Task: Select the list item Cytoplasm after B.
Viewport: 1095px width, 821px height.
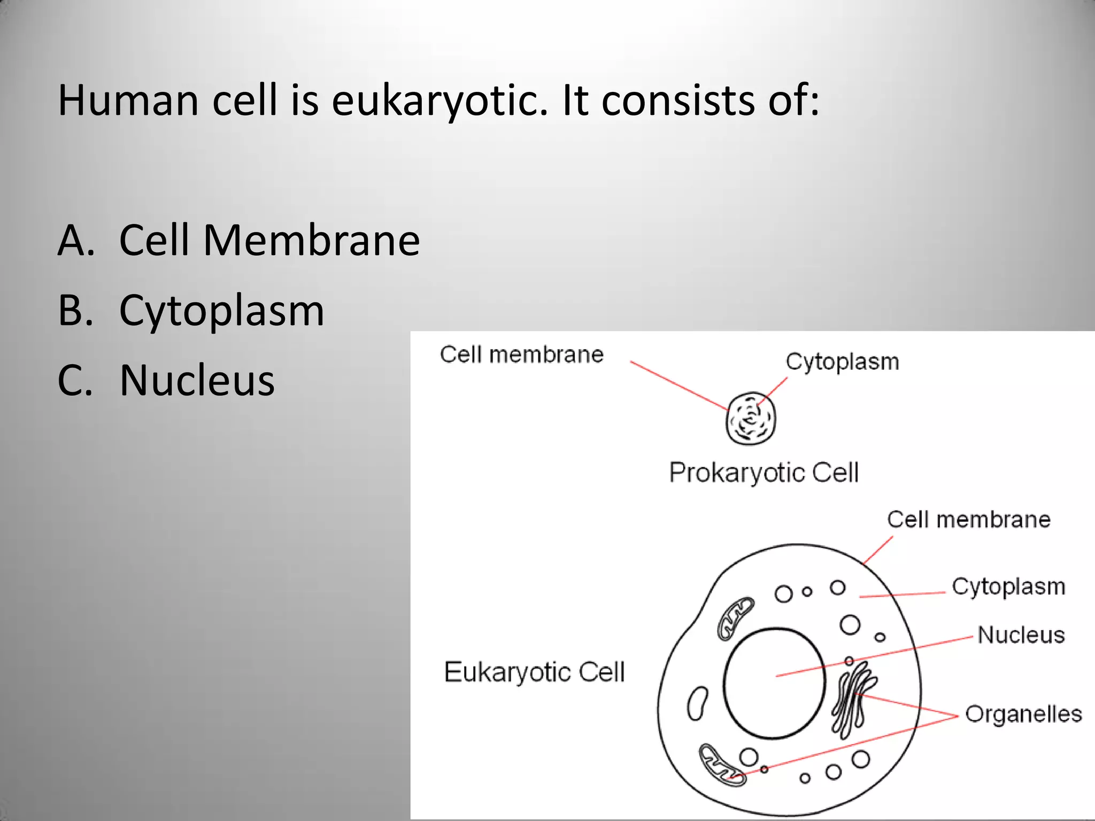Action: click(221, 311)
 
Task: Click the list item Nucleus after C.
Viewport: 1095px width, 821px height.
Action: click(197, 380)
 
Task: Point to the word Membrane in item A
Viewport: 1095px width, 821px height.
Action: click(311, 241)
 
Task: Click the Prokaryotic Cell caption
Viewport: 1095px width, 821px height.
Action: click(764, 473)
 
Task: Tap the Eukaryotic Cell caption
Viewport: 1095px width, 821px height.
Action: click(534, 672)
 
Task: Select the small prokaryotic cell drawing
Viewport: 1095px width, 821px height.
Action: click(751, 419)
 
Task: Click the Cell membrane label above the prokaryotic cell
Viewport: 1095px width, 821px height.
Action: click(521, 354)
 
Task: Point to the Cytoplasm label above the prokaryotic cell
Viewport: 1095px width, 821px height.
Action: click(842, 362)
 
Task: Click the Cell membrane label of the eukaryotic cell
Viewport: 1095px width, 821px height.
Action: click(968, 520)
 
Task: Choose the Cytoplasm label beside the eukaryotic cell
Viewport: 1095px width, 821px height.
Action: click(1008, 586)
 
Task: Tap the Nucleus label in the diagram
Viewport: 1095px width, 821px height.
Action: click(1021, 635)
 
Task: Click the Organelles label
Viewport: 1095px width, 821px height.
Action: click(1023, 714)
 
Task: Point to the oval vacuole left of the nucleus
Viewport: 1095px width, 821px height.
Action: click(697, 703)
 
